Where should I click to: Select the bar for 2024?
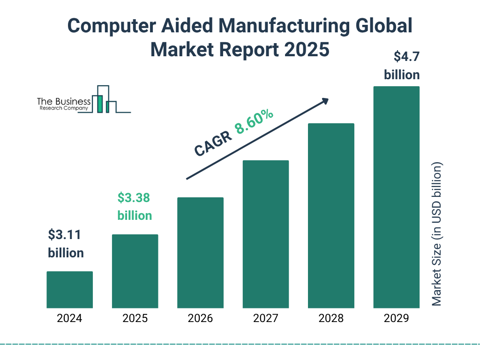point(69,290)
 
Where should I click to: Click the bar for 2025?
point(135,271)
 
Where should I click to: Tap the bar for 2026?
point(200,253)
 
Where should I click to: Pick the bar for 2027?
point(266,234)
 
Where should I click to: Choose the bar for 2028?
point(331,216)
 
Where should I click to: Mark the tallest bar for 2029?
point(396,197)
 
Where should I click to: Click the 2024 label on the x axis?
point(69,319)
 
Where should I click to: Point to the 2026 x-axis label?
point(200,319)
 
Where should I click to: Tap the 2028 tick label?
point(331,319)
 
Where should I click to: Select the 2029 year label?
point(396,319)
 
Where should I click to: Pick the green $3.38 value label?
point(134,198)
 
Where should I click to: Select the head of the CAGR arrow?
point(324,100)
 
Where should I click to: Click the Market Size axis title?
point(437,234)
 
